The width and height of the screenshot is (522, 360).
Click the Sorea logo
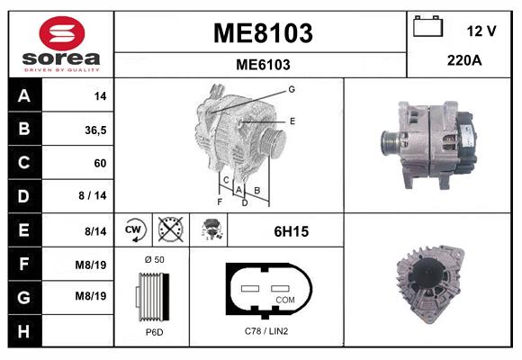click(60, 44)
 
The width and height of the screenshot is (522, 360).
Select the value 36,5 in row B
click(94, 130)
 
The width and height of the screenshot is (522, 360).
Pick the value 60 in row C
click(99, 163)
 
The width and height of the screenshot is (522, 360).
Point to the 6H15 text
click(291, 231)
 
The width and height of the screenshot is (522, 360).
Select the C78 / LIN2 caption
click(266, 331)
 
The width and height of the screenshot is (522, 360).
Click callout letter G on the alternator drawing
click(292, 89)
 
